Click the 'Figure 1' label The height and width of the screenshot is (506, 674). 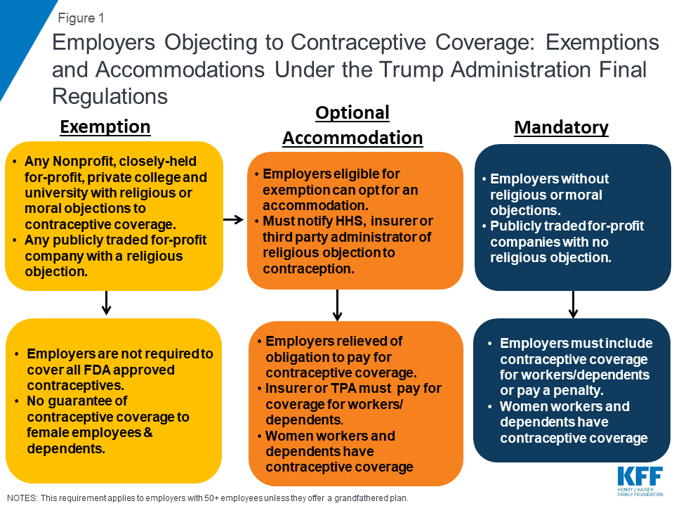point(81,18)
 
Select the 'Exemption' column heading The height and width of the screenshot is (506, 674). point(105,127)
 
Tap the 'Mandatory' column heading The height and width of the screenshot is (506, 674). point(562,127)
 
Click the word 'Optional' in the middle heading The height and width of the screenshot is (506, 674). point(352,112)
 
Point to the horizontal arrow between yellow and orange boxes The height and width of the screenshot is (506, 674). point(233,219)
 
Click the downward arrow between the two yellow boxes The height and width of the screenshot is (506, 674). point(106,303)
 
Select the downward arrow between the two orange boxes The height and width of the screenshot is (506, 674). point(338,304)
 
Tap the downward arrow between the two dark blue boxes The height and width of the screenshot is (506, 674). point(573,304)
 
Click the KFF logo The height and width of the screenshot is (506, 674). point(640,481)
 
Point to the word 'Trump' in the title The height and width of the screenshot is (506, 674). point(411,70)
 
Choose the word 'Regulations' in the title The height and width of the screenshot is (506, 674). point(110,96)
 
